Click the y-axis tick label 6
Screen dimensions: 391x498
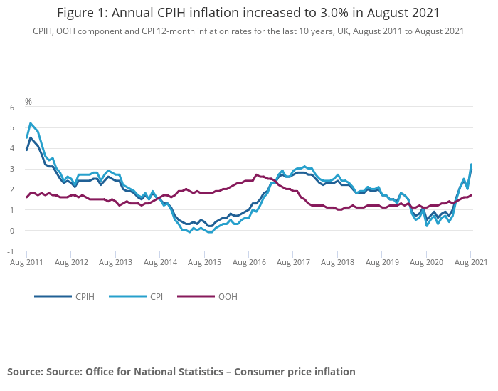point(11,108)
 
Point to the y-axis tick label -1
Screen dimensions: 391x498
point(10,251)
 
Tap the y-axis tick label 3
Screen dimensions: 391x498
point(11,170)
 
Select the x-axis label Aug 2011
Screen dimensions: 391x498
point(26,263)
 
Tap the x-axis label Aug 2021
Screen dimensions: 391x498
point(470,263)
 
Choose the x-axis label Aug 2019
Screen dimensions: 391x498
point(382,263)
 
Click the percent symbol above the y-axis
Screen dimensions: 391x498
point(28,102)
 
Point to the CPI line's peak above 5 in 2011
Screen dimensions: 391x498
point(31,123)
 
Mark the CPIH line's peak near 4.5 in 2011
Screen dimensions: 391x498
point(31,138)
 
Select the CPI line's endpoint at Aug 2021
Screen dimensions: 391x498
point(471,165)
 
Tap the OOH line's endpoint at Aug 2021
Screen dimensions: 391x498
point(471,195)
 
